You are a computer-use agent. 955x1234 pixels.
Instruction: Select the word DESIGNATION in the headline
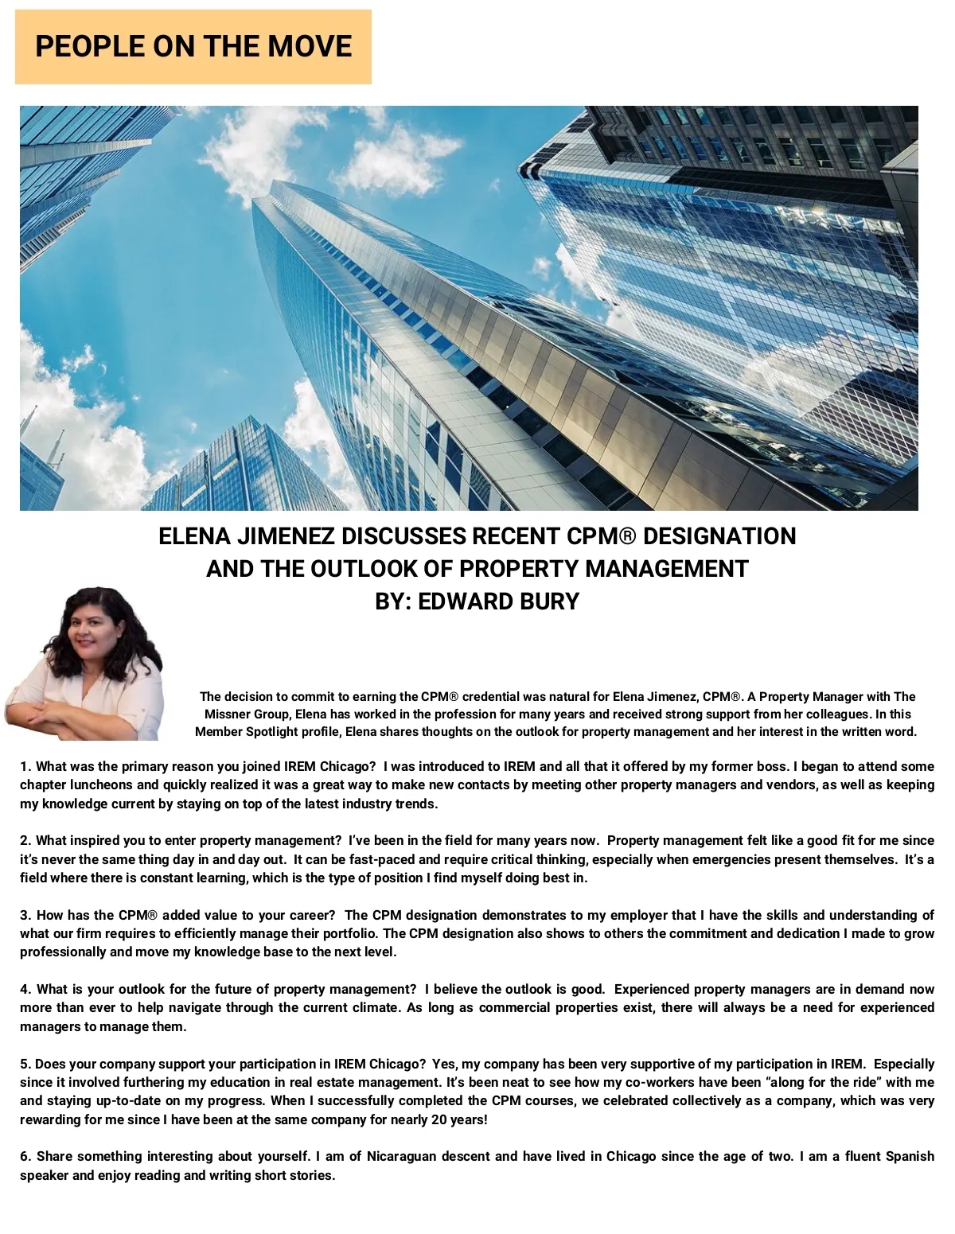(719, 536)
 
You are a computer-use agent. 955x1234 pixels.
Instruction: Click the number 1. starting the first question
(25, 767)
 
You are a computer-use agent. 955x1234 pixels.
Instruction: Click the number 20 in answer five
(457, 1119)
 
